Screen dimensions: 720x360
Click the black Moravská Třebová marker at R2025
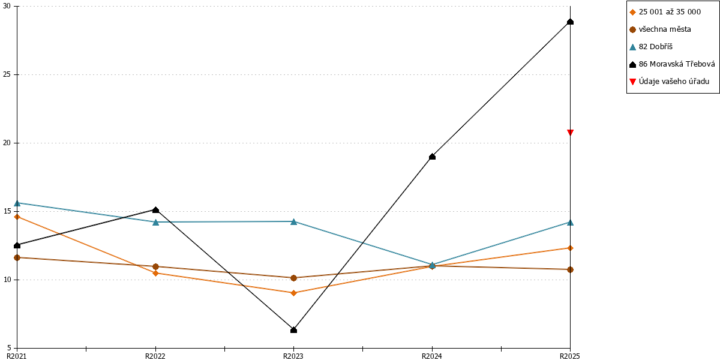point(570,22)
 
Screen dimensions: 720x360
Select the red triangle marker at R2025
point(570,133)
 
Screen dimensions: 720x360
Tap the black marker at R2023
point(293,330)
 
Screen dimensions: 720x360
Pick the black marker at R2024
point(433,157)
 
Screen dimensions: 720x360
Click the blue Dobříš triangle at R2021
point(17,203)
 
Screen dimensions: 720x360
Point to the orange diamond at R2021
point(17,217)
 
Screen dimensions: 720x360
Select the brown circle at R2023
point(293,278)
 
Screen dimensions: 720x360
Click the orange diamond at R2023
point(293,293)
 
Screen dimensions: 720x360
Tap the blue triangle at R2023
point(293,221)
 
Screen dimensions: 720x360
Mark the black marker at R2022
point(155,210)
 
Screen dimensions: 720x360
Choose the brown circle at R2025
point(570,269)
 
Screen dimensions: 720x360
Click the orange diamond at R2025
point(570,248)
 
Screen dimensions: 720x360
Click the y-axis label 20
point(7,143)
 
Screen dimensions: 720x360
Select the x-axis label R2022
point(155,356)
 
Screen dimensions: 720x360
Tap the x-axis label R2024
point(432,356)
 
